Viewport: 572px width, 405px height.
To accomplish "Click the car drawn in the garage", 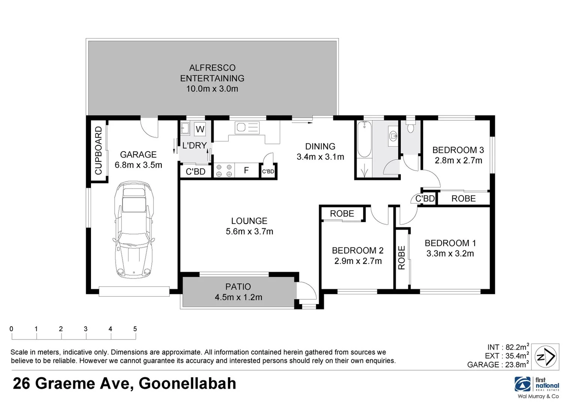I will point(134,229).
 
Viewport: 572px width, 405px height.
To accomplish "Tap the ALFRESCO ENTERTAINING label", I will point(212,73).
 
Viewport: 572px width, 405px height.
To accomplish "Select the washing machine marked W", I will point(200,129).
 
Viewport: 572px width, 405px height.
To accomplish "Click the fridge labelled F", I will point(246,171).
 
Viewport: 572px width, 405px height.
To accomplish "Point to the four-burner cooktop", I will point(224,171).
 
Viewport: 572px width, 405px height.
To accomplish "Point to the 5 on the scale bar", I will point(135,329).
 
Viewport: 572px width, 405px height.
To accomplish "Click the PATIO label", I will point(238,287).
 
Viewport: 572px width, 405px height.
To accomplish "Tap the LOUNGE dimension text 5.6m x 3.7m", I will point(249,232).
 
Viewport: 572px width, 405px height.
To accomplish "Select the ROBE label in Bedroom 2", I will point(342,214).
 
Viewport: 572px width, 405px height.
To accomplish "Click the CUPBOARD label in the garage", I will point(99,150).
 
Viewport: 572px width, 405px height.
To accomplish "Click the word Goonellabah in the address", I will point(187,384).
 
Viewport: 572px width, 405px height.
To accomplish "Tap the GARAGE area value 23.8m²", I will point(514,364).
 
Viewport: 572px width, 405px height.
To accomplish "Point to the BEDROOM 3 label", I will point(458,150).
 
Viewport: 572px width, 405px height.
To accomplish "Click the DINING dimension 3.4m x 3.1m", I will point(320,157).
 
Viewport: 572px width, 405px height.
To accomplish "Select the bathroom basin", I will point(393,135).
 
